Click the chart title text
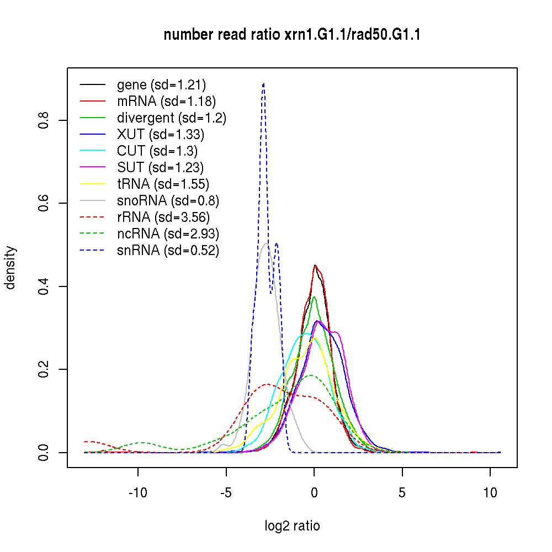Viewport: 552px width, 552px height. tap(292, 35)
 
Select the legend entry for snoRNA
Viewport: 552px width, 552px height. tap(168, 200)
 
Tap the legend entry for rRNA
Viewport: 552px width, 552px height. tap(163, 217)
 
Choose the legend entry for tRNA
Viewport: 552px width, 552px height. tap(163, 184)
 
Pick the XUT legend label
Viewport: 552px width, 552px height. tap(161, 134)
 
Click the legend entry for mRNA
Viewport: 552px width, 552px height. tap(166, 101)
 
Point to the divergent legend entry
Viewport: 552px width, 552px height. tap(172, 118)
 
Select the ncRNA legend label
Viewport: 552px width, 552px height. tap(168, 233)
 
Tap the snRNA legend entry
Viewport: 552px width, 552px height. tap(168, 250)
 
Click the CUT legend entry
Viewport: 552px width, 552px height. tap(157, 151)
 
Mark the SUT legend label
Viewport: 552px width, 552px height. tap(161, 167)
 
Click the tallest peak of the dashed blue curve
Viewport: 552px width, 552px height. tap(263, 84)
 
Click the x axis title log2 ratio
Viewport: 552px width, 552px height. tap(292, 526)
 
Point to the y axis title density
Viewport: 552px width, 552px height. tap(10, 268)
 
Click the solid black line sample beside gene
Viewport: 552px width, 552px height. tap(93, 84)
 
